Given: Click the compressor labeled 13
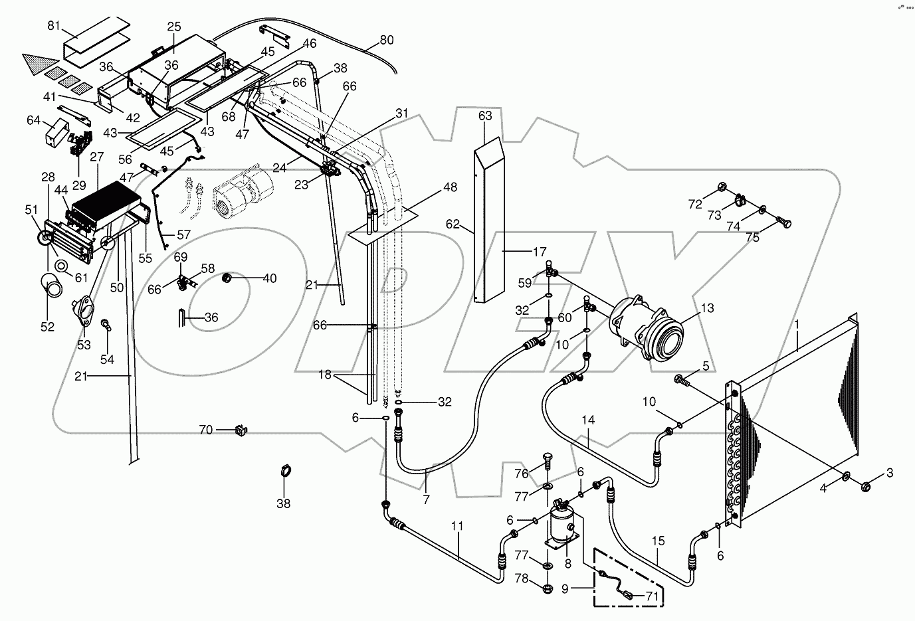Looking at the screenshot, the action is click(646, 329).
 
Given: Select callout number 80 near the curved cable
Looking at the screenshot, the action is click(387, 40).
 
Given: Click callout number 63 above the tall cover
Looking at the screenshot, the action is click(485, 116).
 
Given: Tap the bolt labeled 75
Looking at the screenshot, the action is click(783, 222).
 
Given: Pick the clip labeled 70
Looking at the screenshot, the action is click(241, 430).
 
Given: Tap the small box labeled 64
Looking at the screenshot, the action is click(56, 132).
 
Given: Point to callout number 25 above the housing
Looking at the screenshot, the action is click(174, 27).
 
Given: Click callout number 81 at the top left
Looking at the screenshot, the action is click(54, 26).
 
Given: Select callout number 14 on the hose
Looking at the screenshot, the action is click(588, 420).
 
